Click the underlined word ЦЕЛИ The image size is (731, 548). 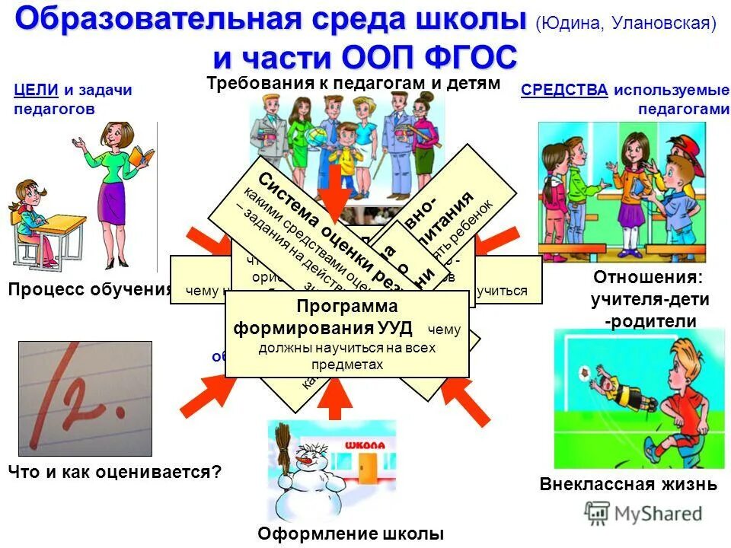coord(36,90)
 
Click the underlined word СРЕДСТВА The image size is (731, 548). coord(564,90)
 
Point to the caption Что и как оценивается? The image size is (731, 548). coord(115,472)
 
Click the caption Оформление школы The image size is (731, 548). coord(350,533)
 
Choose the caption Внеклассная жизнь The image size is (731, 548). coord(628,484)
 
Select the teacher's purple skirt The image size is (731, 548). coord(114,203)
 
